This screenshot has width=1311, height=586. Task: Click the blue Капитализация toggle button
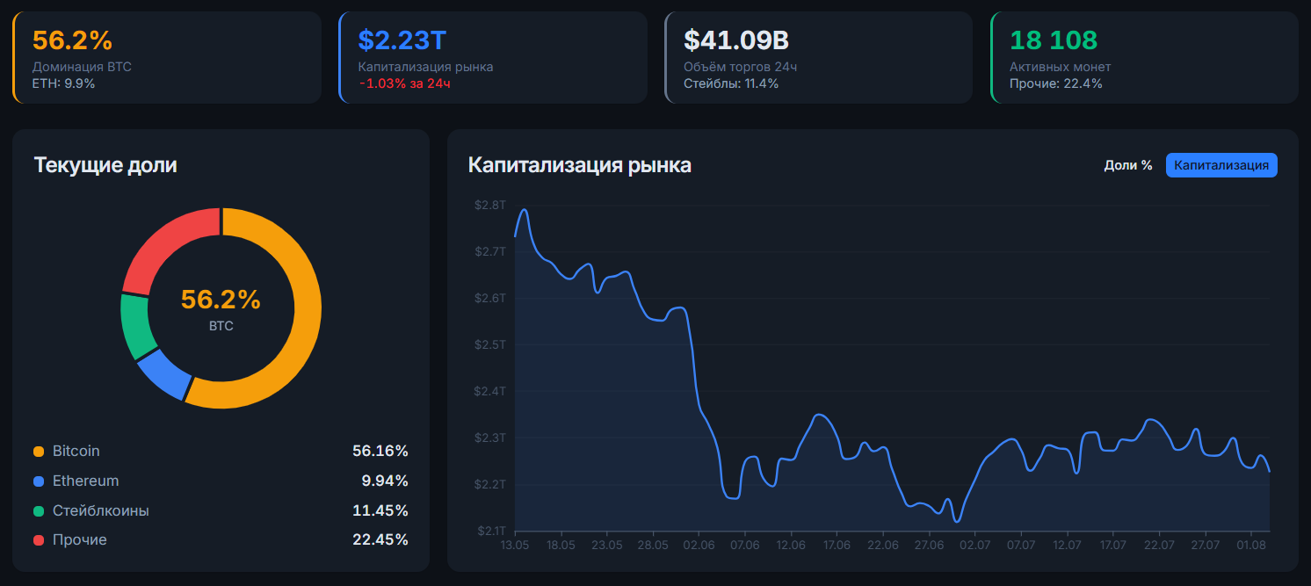pos(1221,165)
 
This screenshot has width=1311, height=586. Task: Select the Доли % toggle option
pos(1128,165)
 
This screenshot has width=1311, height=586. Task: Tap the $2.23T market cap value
pos(402,40)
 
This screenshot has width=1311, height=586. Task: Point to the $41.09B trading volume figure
pos(736,40)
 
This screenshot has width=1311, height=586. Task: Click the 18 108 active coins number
pos(1054,40)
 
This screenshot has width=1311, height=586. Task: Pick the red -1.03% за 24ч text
pos(404,83)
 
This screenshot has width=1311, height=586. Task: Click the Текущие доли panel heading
pos(105,165)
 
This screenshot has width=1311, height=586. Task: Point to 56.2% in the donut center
pos(221,300)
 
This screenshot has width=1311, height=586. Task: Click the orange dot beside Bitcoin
pos(39,452)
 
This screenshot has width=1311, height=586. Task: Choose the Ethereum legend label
pos(85,481)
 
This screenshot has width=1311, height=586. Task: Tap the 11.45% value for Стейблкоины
pos(380,510)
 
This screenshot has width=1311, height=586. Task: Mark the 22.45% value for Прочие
pos(380,539)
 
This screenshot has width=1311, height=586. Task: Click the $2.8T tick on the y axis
pos(490,205)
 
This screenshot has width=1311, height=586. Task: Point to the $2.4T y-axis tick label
pos(490,391)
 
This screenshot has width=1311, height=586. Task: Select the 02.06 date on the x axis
pos(699,545)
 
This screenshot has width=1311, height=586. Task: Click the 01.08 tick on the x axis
pos(1251,545)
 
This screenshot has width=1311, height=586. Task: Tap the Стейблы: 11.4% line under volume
pos(731,83)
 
